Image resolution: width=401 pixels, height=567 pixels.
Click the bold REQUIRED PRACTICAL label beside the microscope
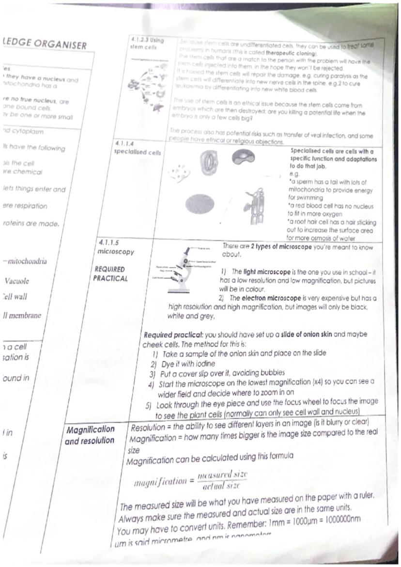111,274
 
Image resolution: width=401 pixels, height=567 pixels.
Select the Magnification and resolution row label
90,435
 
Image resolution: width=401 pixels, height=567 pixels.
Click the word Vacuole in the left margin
17,281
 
